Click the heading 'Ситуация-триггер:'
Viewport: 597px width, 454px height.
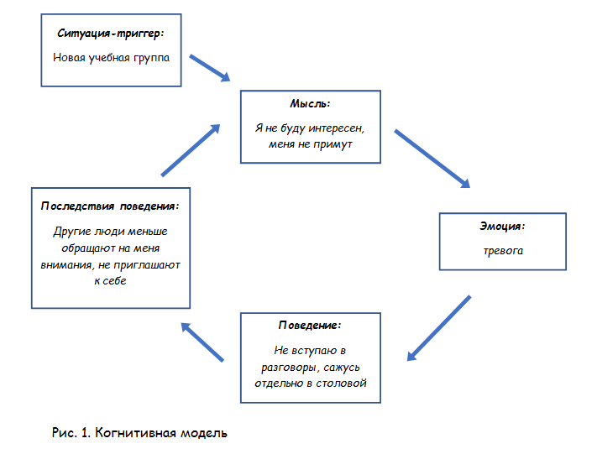pyautogui.click(x=111, y=34)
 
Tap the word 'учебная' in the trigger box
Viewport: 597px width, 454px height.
pyautogui.click(x=110, y=58)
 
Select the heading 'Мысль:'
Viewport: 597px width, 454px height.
pyautogui.click(x=310, y=104)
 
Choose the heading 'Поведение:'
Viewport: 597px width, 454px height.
pyautogui.click(x=310, y=325)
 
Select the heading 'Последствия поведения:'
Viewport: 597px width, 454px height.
pyautogui.click(x=111, y=205)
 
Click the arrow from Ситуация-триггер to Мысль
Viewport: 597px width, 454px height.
pyautogui.click(x=210, y=68)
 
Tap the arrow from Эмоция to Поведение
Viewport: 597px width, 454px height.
pyautogui.click(x=437, y=328)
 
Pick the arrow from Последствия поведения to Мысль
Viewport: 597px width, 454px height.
pyautogui.click(x=191, y=151)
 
